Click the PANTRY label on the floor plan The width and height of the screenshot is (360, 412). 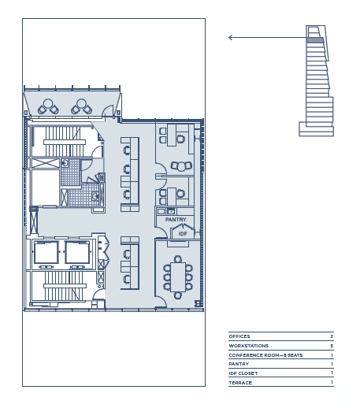click(x=176, y=220)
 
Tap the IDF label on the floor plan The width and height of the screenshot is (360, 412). click(x=183, y=234)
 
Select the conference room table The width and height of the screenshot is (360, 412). click(x=178, y=277)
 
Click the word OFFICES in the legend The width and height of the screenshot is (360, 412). click(x=239, y=336)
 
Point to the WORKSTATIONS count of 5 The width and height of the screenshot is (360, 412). click(x=332, y=346)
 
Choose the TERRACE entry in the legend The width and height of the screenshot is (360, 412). click(x=240, y=383)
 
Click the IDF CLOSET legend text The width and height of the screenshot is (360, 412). click(x=243, y=373)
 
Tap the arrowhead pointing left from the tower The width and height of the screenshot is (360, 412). click(x=230, y=38)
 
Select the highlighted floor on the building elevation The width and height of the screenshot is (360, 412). click(x=315, y=40)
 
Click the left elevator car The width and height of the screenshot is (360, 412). click(x=46, y=252)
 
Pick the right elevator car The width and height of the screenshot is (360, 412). click(x=77, y=252)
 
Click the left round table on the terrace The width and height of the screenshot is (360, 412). click(x=48, y=103)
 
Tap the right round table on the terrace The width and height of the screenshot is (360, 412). click(x=81, y=103)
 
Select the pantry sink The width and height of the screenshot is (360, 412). click(x=171, y=211)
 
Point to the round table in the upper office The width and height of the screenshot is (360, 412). click(x=181, y=167)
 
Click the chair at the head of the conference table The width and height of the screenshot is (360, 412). click(x=178, y=259)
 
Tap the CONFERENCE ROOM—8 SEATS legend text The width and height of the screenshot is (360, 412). click(x=265, y=355)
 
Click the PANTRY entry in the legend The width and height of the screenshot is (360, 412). click(x=239, y=364)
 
